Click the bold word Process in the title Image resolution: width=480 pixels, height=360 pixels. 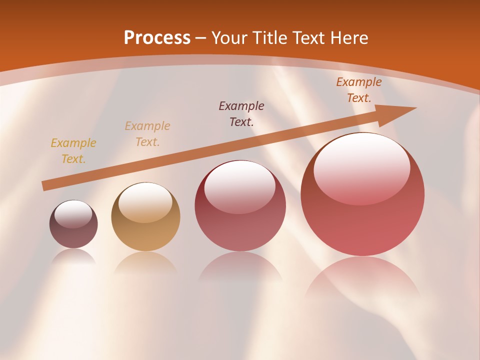pos(157,38)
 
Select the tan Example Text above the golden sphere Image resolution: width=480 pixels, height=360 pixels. pos(147,134)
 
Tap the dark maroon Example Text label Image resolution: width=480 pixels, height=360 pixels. pos(241,113)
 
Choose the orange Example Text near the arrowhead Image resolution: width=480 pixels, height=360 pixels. pos(358,90)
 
